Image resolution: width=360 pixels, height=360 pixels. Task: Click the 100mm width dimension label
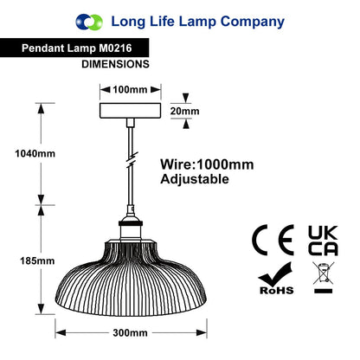[x=130, y=90]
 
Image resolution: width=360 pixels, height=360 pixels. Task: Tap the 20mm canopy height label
[x=184, y=111]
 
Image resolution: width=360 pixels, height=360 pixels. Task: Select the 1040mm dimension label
[x=35, y=153]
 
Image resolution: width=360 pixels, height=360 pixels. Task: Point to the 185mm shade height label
[x=37, y=261]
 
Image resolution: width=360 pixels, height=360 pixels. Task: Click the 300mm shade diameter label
[x=130, y=333]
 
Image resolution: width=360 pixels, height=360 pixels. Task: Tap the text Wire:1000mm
[x=207, y=164]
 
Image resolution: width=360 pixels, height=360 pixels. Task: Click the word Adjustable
[x=195, y=179]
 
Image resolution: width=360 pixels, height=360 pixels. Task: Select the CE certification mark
[x=273, y=240]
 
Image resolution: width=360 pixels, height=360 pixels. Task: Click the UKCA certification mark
[x=323, y=241]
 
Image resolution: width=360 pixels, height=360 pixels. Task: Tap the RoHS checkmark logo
[x=276, y=279]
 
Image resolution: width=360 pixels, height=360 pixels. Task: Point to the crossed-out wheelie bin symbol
[x=324, y=278]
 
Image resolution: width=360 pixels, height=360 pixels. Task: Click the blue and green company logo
[x=89, y=22]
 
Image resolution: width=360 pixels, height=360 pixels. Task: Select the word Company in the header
[x=253, y=22]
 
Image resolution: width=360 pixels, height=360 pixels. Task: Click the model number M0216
[x=115, y=48]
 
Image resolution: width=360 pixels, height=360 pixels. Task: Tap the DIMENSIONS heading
[x=115, y=64]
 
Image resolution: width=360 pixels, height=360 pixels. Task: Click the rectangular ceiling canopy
[x=130, y=111]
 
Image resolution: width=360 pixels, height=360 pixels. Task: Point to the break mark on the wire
[x=132, y=158]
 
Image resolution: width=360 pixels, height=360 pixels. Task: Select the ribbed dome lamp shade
[x=131, y=278]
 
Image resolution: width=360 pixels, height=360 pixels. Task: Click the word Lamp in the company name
[x=197, y=22]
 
